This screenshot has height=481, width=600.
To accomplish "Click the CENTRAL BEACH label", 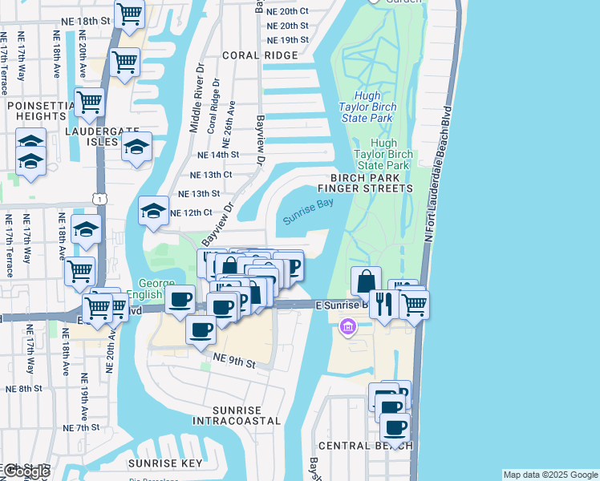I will pos(366,446).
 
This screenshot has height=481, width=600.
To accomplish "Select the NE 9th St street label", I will pos(233,363).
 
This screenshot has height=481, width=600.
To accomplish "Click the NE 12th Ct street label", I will pos(191,212).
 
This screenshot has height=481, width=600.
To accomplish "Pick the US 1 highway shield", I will pos(96,196).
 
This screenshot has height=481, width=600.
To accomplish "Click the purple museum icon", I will pos(347,327).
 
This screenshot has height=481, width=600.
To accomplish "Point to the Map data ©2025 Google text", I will pos(550,475).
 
